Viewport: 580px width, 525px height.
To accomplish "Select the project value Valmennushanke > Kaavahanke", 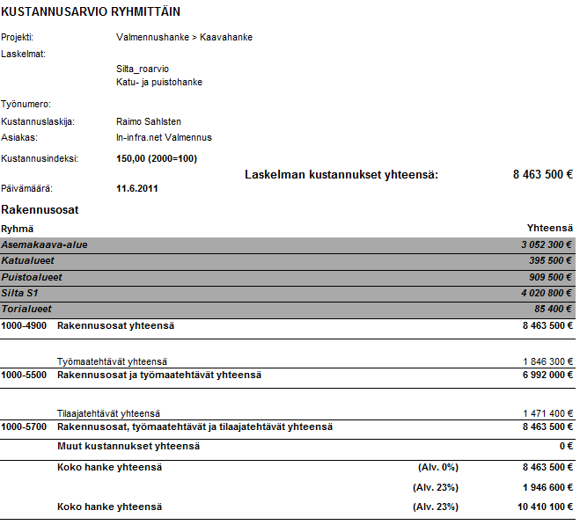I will point(184,38).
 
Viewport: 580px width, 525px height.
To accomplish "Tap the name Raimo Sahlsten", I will point(149,121).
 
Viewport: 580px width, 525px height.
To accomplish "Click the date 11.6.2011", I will point(137,188).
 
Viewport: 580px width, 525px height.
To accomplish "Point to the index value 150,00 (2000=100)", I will point(157,158).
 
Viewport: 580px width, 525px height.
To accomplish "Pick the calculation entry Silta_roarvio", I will point(143,69).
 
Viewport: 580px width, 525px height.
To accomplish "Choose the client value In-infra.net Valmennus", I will point(164,137).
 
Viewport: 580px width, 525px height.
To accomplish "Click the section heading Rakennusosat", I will point(40,210).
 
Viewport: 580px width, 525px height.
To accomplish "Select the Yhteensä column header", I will point(550,229).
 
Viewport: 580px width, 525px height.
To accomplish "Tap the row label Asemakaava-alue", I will point(45,244).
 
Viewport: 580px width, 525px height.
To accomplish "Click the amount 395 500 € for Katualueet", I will point(548,261).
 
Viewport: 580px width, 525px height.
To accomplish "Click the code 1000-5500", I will point(24,375).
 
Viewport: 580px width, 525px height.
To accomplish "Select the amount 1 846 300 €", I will point(547,361).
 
